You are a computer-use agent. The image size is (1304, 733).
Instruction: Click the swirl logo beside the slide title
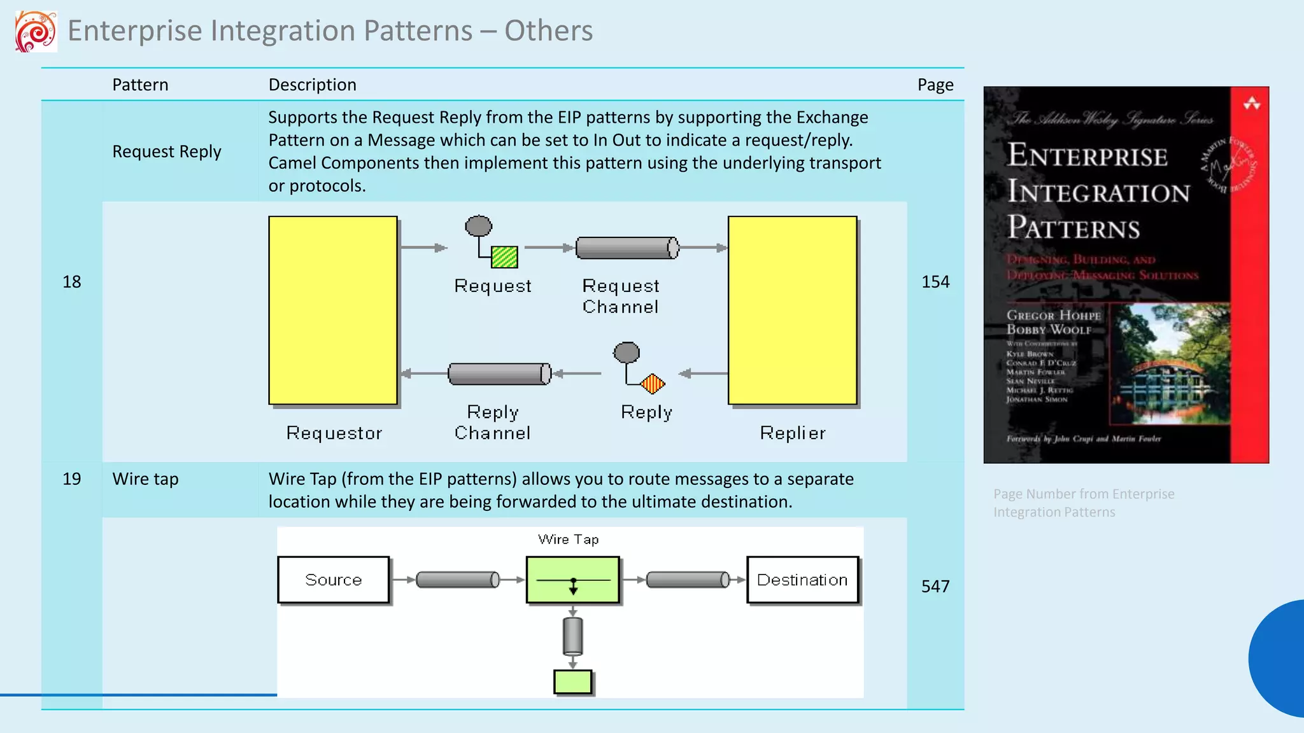(x=36, y=31)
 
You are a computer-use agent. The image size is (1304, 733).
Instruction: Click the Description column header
(x=312, y=85)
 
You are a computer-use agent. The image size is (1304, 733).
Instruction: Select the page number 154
(x=935, y=282)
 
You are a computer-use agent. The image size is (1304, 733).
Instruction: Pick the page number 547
(x=935, y=586)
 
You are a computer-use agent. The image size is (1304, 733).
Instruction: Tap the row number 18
(x=71, y=282)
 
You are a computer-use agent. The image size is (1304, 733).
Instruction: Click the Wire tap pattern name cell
(x=145, y=479)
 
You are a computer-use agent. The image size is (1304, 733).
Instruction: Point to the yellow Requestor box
(x=333, y=311)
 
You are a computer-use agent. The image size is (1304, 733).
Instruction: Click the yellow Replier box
(x=793, y=311)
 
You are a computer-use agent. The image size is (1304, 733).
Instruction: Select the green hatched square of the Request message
(x=504, y=257)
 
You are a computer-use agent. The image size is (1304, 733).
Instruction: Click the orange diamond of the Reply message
(x=653, y=384)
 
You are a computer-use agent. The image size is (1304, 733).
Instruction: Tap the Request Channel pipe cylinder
(x=627, y=248)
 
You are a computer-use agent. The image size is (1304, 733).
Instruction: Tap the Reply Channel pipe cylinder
(x=499, y=374)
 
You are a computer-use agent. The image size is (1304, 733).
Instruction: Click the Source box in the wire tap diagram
(x=334, y=580)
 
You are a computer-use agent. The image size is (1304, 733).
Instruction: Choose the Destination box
(x=802, y=580)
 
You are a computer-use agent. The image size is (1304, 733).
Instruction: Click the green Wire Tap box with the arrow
(x=572, y=580)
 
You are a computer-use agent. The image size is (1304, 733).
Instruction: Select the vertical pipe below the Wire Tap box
(x=572, y=636)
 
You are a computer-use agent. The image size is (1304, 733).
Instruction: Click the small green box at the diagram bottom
(x=572, y=682)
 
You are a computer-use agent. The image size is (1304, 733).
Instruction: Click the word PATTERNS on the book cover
(x=1074, y=228)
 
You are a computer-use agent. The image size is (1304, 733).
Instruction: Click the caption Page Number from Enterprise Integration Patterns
(x=1084, y=503)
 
